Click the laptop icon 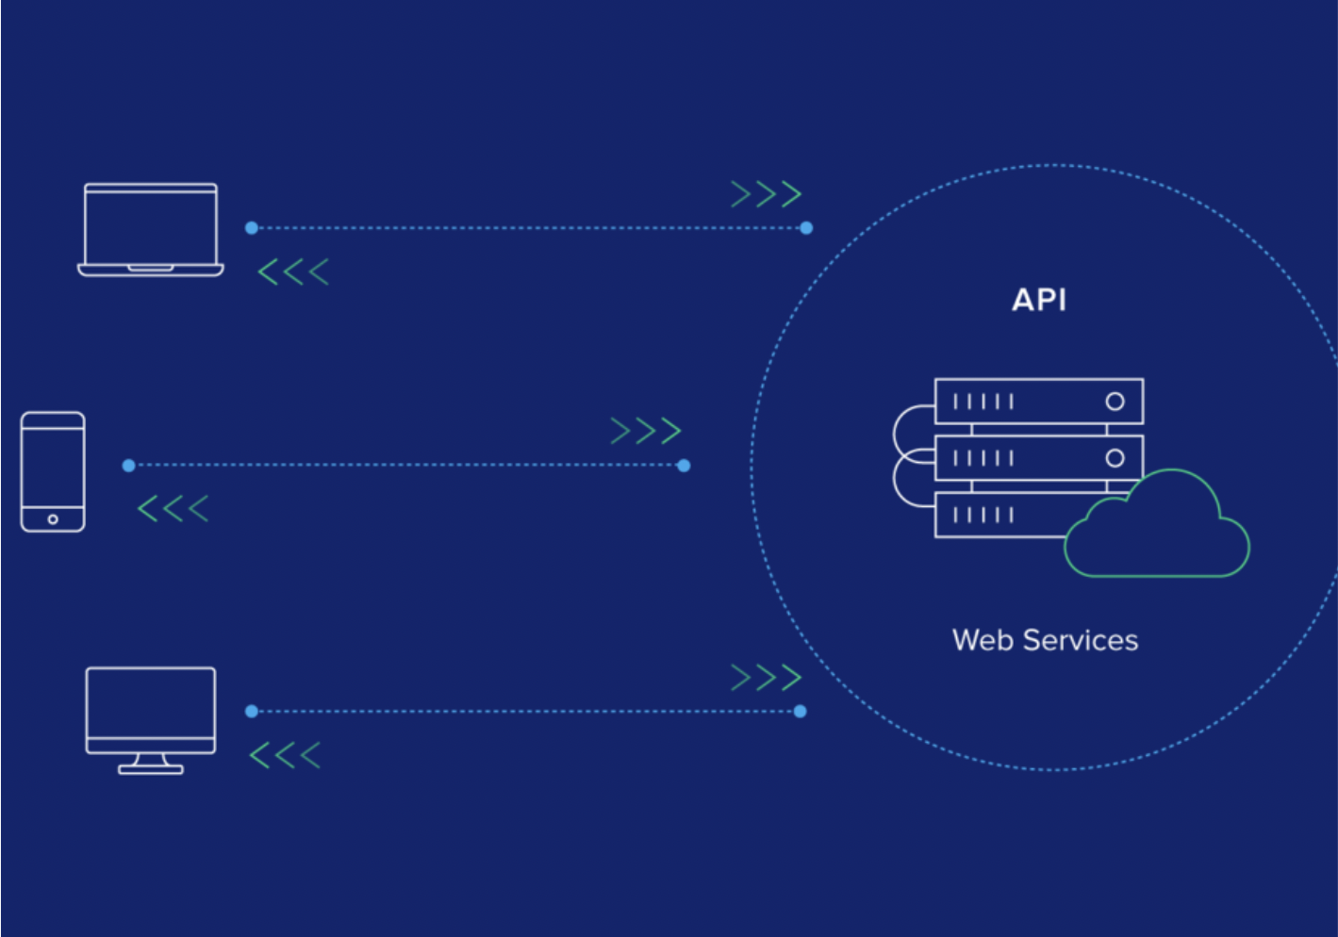click(151, 229)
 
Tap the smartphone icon click(53, 471)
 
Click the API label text click(1039, 300)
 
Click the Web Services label click(1045, 640)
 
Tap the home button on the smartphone click(53, 519)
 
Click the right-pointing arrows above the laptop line click(766, 194)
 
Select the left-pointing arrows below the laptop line click(293, 272)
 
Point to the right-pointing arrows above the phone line click(646, 431)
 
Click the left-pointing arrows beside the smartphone click(173, 509)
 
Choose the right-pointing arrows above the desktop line click(766, 677)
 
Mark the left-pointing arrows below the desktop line click(285, 755)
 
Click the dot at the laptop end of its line click(252, 228)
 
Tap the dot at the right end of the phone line click(684, 466)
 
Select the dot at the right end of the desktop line click(801, 712)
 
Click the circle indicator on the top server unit click(1115, 402)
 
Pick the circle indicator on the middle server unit click(1115, 458)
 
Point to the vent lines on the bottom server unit click(983, 515)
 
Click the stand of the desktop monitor click(151, 764)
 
